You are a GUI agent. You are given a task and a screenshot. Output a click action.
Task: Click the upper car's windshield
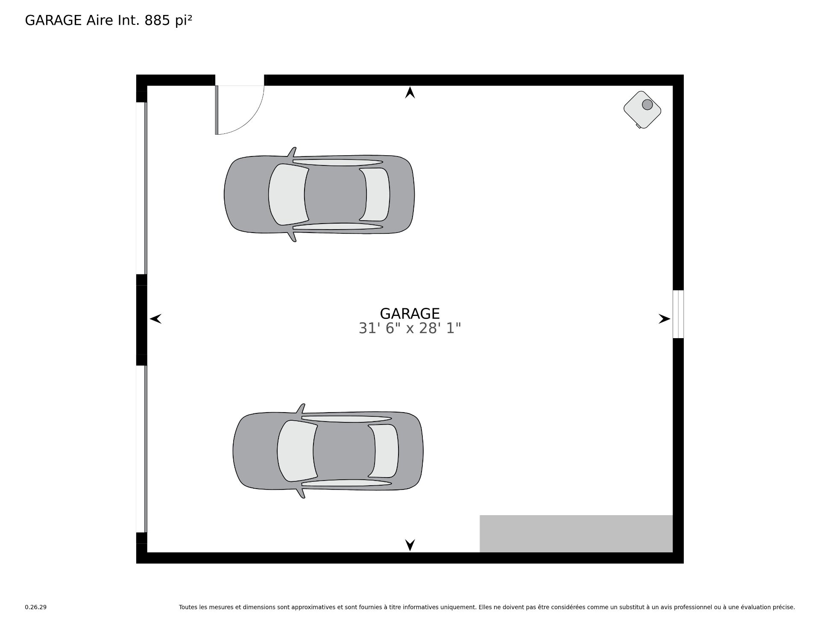287,194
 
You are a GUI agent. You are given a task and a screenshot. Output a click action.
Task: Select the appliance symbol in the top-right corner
642,109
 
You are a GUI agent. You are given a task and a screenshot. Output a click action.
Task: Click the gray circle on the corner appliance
647,104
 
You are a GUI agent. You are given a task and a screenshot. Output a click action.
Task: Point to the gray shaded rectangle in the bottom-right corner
576,534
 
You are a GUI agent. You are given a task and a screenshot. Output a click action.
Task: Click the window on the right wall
678,314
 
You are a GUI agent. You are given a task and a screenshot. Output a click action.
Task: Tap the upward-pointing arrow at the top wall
410,92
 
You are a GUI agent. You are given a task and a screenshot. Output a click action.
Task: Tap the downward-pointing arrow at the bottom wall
410,545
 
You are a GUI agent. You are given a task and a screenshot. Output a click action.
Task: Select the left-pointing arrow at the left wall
155,318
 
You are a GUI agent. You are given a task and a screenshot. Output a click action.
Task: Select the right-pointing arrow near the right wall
665,318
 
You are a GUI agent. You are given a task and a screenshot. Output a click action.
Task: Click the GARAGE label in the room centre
410,314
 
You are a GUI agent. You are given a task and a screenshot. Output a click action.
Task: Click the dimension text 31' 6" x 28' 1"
410,328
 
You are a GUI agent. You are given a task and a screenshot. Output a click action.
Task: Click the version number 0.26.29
36,607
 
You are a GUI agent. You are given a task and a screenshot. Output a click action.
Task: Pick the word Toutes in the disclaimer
188,607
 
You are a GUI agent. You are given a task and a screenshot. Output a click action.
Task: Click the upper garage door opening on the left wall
142,188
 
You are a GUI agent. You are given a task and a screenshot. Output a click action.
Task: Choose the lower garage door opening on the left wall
142,449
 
